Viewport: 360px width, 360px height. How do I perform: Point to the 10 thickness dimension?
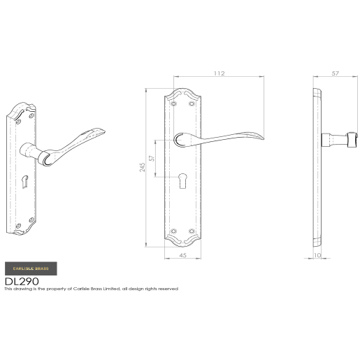click(319, 257)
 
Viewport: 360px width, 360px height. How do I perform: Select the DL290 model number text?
click(22, 281)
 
